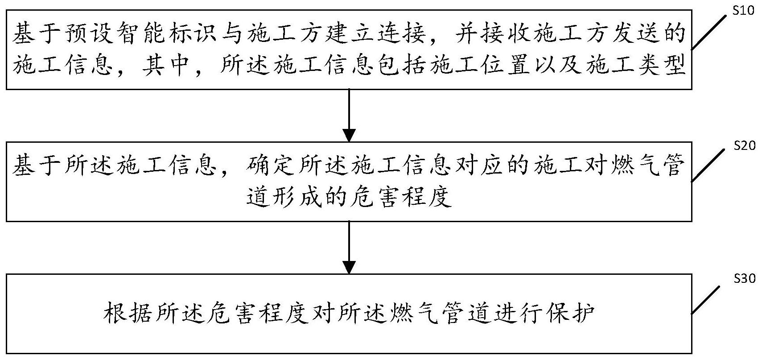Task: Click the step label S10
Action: tap(744, 10)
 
